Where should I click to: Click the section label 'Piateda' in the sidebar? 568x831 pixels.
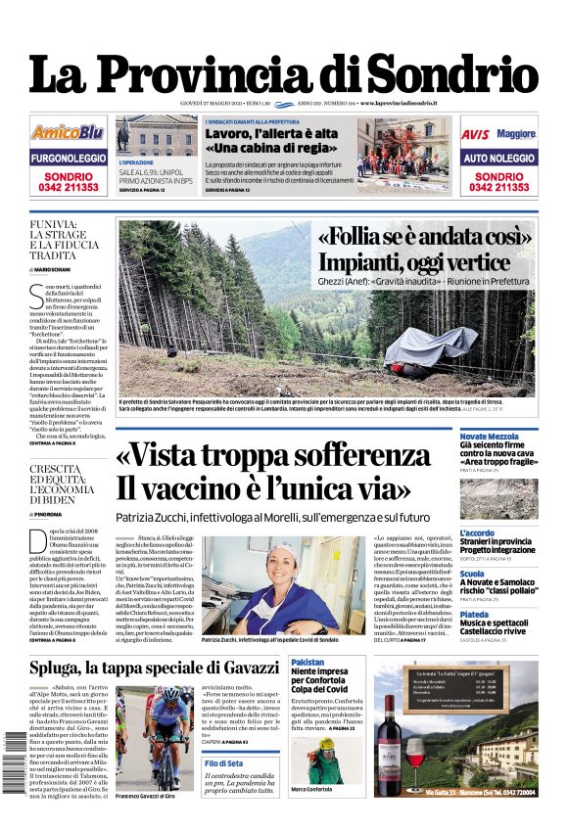tap(474, 616)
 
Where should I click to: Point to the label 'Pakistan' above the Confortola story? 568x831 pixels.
tap(308, 663)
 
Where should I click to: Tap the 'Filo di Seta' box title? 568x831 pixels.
tap(223, 762)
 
